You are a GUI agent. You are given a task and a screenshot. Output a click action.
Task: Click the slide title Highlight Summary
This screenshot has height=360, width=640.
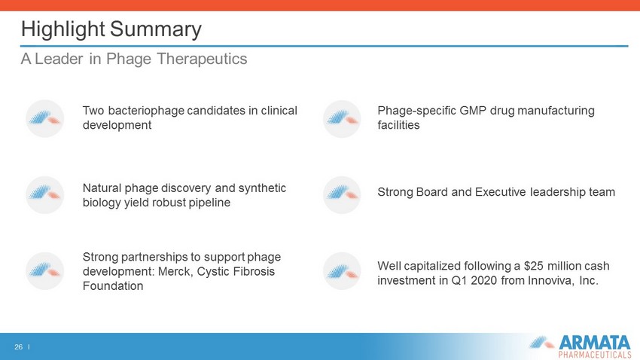pyautogui.click(x=111, y=29)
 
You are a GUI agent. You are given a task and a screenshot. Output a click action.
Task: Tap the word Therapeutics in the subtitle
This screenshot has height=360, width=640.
pyautogui.click(x=202, y=59)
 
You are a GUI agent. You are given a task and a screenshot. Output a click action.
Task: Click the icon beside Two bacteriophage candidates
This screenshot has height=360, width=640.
pyautogui.click(x=45, y=118)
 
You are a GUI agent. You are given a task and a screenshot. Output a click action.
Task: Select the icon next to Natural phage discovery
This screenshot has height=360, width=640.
pyautogui.click(x=45, y=195)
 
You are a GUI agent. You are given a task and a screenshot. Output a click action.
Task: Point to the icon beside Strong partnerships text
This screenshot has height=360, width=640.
pyautogui.click(x=45, y=271)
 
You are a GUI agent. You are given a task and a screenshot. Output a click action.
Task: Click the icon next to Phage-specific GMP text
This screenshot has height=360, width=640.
pyautogui.click(x=342, y=118)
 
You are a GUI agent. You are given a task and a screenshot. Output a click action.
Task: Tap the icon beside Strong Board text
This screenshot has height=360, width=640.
pyautogui.click(x=342, y=195)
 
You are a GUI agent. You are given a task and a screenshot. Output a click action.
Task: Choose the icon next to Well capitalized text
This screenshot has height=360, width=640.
pyautogui.click(x=342, y=271)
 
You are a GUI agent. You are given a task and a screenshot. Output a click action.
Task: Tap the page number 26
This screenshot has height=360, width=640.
pyautogui.click(x=18, y=347)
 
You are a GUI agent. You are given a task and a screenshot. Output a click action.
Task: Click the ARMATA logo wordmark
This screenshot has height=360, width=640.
pyautogui.click(x=594, y=342)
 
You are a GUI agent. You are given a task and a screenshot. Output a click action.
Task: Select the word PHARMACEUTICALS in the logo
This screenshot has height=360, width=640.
pyautogui.click(x=595, y=354)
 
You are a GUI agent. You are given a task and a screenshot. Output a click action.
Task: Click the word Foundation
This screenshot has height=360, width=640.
pyautogui.click(x=113, y=286)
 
